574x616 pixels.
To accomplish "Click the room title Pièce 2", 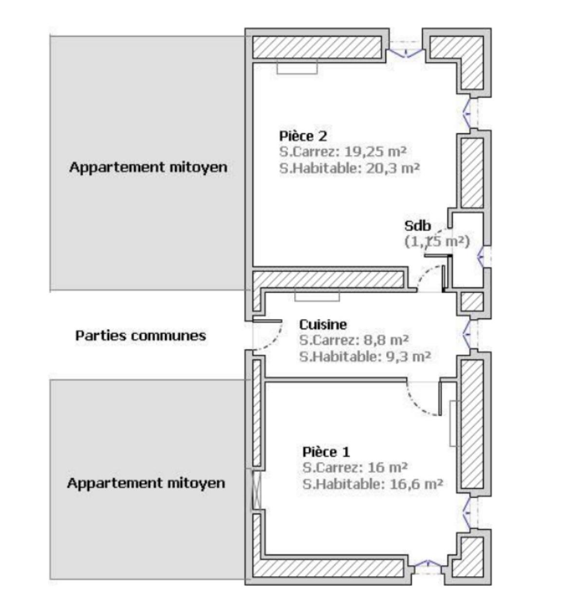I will (302, 136).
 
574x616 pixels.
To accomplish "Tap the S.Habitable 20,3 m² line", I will (349, 168).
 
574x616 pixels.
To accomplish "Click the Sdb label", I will (417, 226).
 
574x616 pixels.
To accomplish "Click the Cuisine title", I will (323, 324).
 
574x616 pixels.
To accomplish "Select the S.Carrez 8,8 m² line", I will (353, 339).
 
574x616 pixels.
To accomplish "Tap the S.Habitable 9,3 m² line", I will (365, 356).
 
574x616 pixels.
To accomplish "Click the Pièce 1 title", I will (326, 452).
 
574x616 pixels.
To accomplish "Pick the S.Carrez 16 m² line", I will (354, 467).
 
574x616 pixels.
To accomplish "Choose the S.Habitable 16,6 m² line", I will (372, 484).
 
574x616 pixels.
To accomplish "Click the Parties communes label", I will (141, 336).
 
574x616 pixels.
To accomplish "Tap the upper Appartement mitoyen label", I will (148, 167).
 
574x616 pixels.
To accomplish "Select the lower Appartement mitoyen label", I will (146, 483).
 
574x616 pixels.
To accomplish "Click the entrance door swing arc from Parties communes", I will (274, 340).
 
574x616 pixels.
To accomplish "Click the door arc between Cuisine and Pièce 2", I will (428, 276).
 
